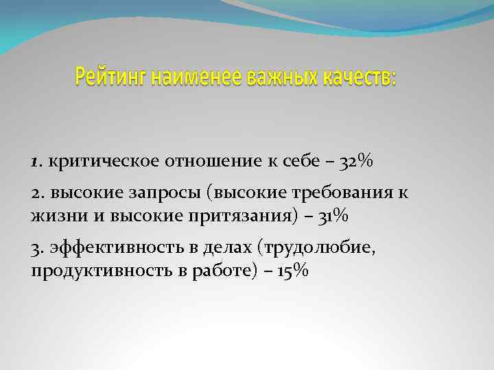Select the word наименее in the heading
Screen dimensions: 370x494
click(x=176, y=78)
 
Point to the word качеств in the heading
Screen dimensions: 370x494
click(x=355, y=78)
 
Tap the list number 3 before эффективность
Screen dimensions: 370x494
click(x=36, y=249)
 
